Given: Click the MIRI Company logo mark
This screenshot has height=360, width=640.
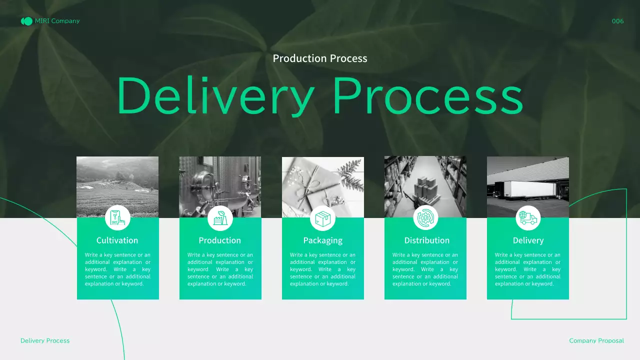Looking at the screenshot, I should pos(26,21).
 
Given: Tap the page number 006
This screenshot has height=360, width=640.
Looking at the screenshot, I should pos(617,21).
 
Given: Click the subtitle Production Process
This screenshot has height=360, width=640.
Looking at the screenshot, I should pos(320,58).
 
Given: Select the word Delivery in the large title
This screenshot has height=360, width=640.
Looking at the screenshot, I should pos(215,96).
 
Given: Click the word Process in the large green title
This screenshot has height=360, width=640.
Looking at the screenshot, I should pos(427,96).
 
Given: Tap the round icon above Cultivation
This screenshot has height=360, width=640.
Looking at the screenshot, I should pos(117,218).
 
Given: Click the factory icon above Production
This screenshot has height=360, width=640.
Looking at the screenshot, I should pos(220,218).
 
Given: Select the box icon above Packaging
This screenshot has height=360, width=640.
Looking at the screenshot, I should pos(322,218).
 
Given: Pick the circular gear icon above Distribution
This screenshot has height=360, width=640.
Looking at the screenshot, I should pos(425,218).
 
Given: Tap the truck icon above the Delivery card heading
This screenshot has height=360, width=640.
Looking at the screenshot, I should pos(528,218).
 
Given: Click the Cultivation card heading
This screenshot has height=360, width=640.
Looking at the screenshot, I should pos(117,240).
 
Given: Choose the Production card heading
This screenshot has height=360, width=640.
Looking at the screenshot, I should pos(220,240).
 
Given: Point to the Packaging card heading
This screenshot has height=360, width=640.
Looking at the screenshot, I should pos(323,240).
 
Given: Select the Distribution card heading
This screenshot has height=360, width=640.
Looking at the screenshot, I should pos(427,240).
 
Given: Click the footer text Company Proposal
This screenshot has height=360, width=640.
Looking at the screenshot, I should pos(596,340).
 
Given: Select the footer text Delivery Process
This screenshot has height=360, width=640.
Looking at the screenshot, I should pos(45,340).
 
